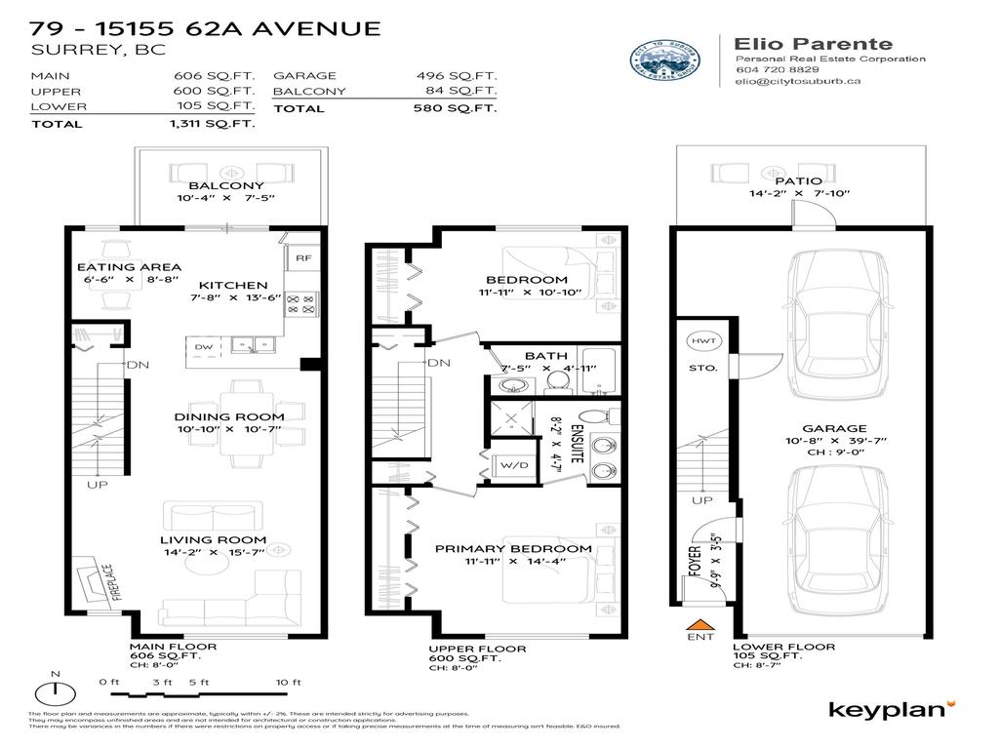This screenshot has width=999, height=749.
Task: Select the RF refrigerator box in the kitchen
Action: pyautogui.click(x=302, y=259)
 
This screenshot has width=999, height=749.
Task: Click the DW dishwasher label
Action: pyautogui.click(x=203, y=346)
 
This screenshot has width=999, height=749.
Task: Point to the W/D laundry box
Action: pyautogui.click(x=507, y=465)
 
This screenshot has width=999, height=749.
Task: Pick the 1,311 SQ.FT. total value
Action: pyautogui.click(x=213, y=124)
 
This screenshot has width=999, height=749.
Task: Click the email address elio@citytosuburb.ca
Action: pyautogui.click(x=797, y=83)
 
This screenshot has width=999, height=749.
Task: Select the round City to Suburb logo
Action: pyautogui.click(x=665, y=63)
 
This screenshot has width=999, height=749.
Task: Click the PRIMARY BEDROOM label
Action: pyautogui.click(x=513, y=548)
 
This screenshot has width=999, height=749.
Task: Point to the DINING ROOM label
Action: pyautogui.click(x=229, y=416)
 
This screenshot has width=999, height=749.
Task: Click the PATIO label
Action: pyautogui.click(x=798, y=180)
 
